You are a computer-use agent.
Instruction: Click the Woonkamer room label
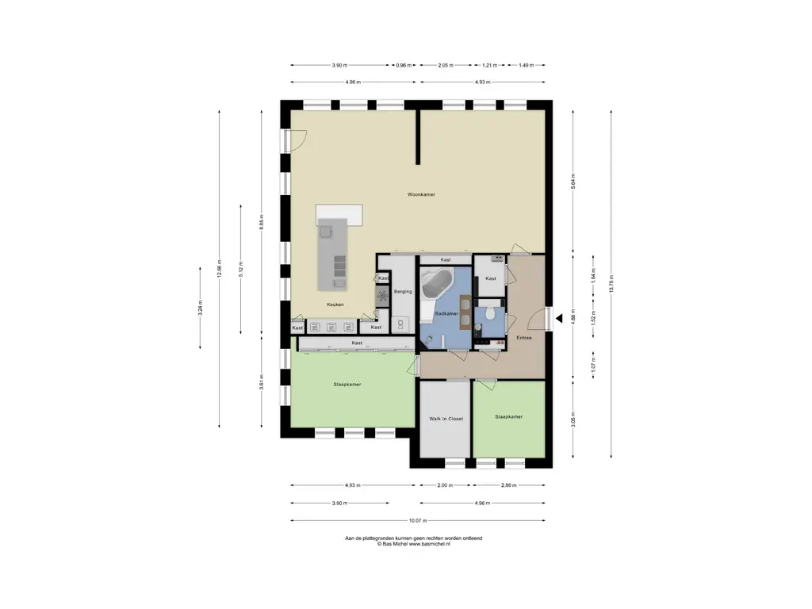pyautogui.click(x=421, y=195)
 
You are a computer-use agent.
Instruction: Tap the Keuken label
pyautogui.click(x=335, y=304)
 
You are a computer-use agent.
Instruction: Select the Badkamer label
pyautogui.click(x=446, y=314)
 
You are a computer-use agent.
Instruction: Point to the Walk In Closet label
pyautogui.click(x=446, y=419)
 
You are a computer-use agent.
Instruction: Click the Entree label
pyautogui.click(x=524, y=338)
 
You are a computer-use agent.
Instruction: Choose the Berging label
pyautogui.click(x=403, y=292)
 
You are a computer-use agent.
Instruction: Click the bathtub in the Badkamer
pyautogui.click(x=437, y=283)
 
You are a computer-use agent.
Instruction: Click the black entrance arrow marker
pyautogui.click(x=559, y=319)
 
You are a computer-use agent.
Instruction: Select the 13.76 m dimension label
pyautogui.click(x=611, y=284)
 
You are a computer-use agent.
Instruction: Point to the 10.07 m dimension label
pyautogui.click(x=418, y=520)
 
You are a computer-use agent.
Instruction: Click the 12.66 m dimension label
pyautogui.click(x=219, y=269)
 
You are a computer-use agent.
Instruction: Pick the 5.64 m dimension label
pyautogui.click(x=573, y=182)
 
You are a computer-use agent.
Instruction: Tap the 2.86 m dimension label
pyautogui.click(x=509, y=485)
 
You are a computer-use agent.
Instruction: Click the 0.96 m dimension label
pyautogui.click(x=404, y=65)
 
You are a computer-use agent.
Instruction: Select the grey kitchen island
pyautogui.click(x=332, y=255)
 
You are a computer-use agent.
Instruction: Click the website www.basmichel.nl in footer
pyautogui.click(x=429, y=544)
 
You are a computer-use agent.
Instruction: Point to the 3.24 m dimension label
pyautogui.click(x=201, y=308)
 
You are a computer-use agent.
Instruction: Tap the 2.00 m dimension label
pyautogui.click(x=445, y=485)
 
